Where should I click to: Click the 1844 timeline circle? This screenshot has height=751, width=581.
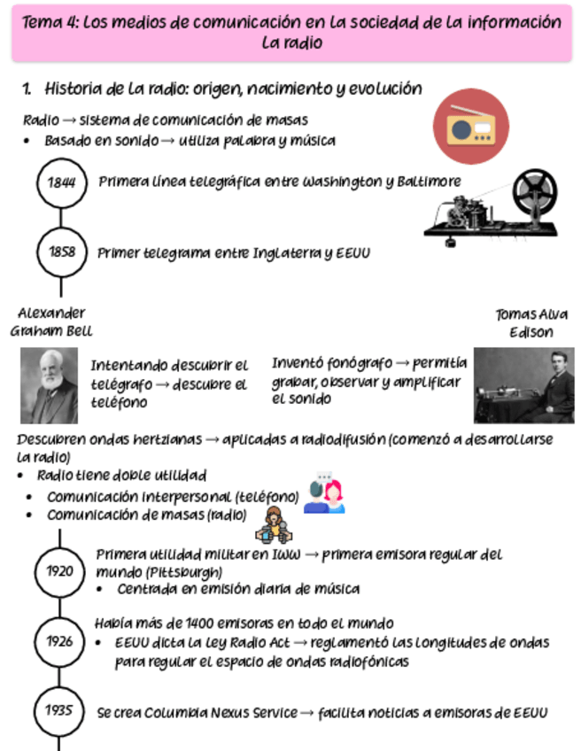coord(61,182)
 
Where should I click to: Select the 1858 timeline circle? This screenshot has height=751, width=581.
coord(61,252)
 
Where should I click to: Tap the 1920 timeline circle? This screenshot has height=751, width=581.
coord(60,571)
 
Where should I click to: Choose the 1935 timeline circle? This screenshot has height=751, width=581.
coord(60,709)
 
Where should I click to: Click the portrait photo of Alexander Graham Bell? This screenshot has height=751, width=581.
coord(50,385)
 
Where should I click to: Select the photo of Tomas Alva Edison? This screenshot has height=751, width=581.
coord(523,385)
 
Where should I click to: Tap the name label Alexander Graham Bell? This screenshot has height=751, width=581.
coord(51,322)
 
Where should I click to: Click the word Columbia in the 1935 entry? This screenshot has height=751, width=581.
coord(177,713)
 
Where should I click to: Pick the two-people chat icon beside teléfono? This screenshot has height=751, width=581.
coord(324,495)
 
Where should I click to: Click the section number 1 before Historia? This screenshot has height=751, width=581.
coord(27,89)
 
